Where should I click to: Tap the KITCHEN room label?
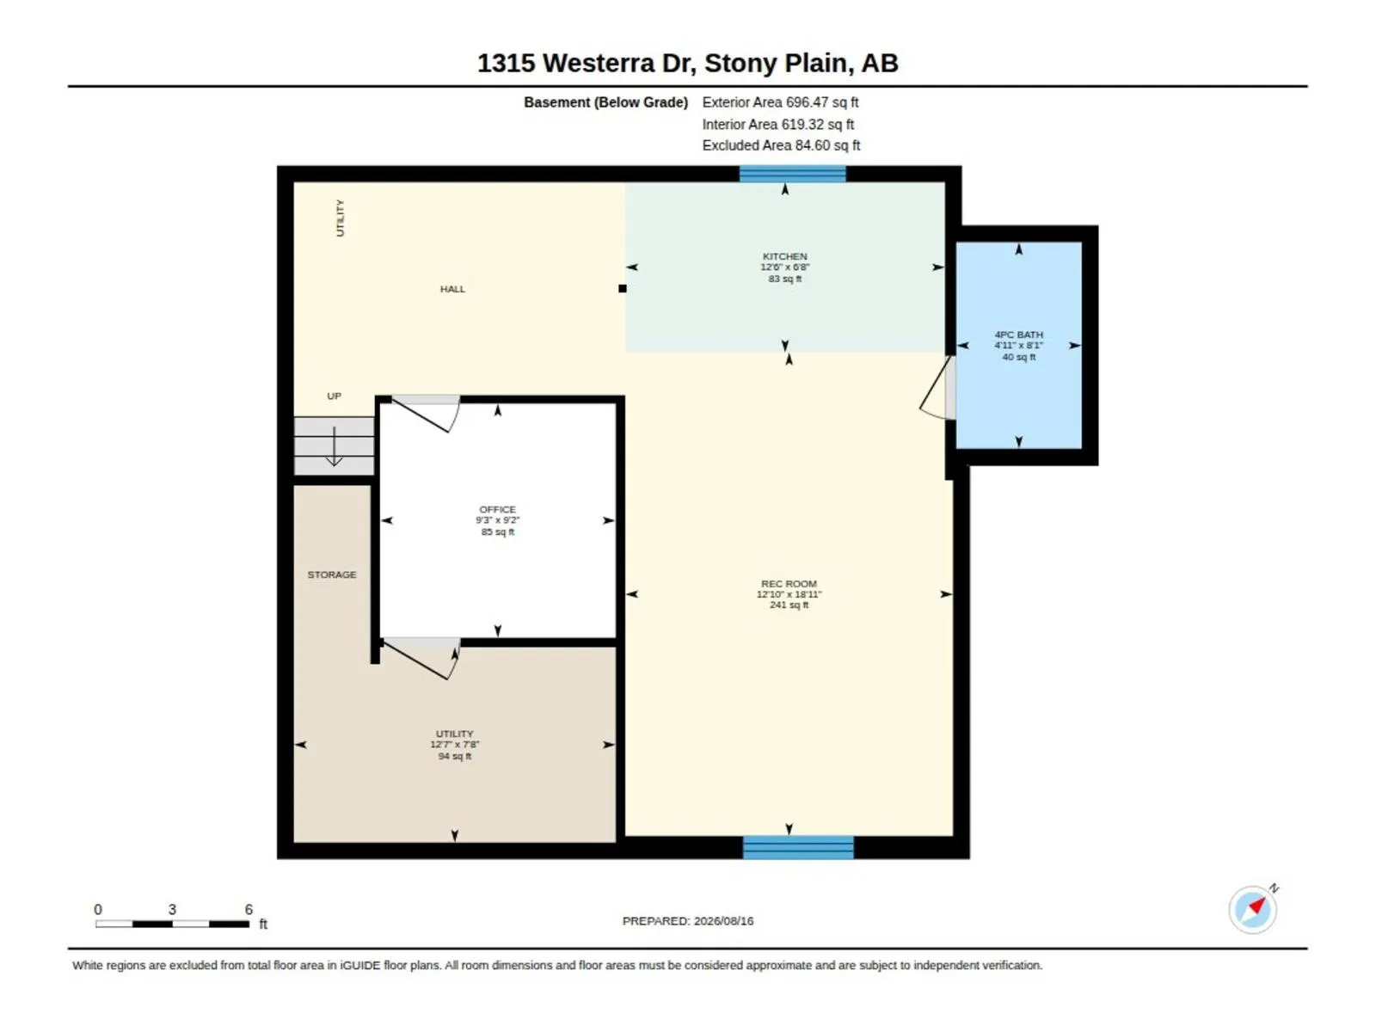(x=784, y=256)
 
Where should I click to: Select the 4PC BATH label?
(x=1018, y=335)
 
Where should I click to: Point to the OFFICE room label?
(x=497, y=509)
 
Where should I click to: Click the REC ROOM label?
(x=789, y=583)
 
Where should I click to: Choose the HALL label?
(x=452, y=289)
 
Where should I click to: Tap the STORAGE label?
(x=332, y=574)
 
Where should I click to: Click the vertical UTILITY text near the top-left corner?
(x=340, y=218)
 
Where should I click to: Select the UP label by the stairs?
(x=335, y=396)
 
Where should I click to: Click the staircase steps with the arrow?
(x=335, y=446)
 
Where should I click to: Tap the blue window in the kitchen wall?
(x=792, y=174)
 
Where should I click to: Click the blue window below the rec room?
(x=798, y=847)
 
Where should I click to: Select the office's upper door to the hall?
(x=426, y=414)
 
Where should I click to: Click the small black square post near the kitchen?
(x=622, y=288)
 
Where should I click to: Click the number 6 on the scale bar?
(x=249, y=908)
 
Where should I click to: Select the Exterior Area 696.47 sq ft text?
(x=780, y=102)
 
